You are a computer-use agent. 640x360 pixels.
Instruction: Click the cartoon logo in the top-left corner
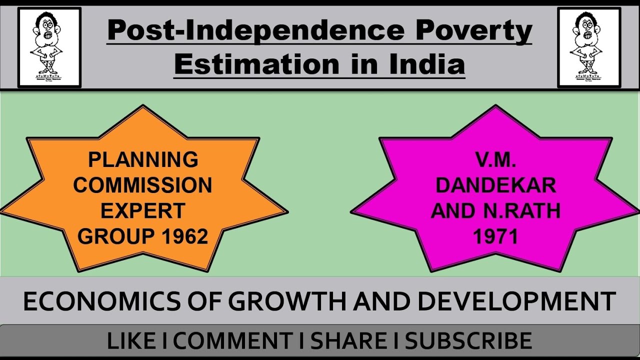pos(49,47)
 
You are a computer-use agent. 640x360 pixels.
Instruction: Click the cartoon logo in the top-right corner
pos(589,47)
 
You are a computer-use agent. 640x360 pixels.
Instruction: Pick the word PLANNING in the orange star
pos(143,160)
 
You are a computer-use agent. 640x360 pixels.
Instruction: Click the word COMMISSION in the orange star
pos(143,185)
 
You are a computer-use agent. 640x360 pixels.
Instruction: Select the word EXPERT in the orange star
pos(143,211)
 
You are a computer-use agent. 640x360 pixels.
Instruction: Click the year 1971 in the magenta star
pos(495,236)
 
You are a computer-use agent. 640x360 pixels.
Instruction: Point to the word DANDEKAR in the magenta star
pos(495,185)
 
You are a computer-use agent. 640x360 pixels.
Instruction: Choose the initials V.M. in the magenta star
pos(495,160)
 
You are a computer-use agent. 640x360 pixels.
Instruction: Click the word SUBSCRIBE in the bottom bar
pos(468,341)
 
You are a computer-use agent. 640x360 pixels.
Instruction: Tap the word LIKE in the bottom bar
pos(131,341)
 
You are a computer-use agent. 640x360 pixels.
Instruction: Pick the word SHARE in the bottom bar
pos(348,341)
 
